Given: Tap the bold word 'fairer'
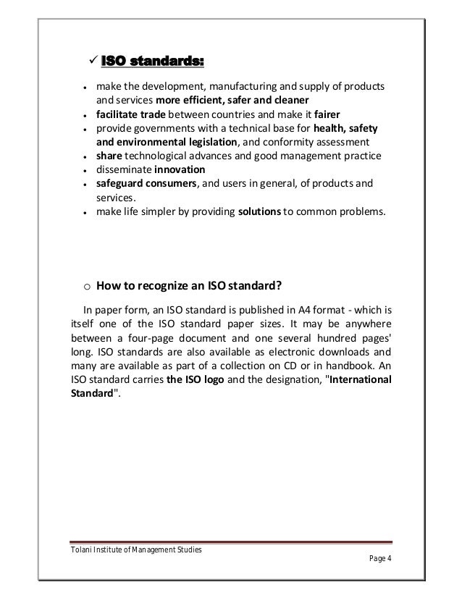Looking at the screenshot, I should (329, 114).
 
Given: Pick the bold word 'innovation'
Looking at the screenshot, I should (180, 169).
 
